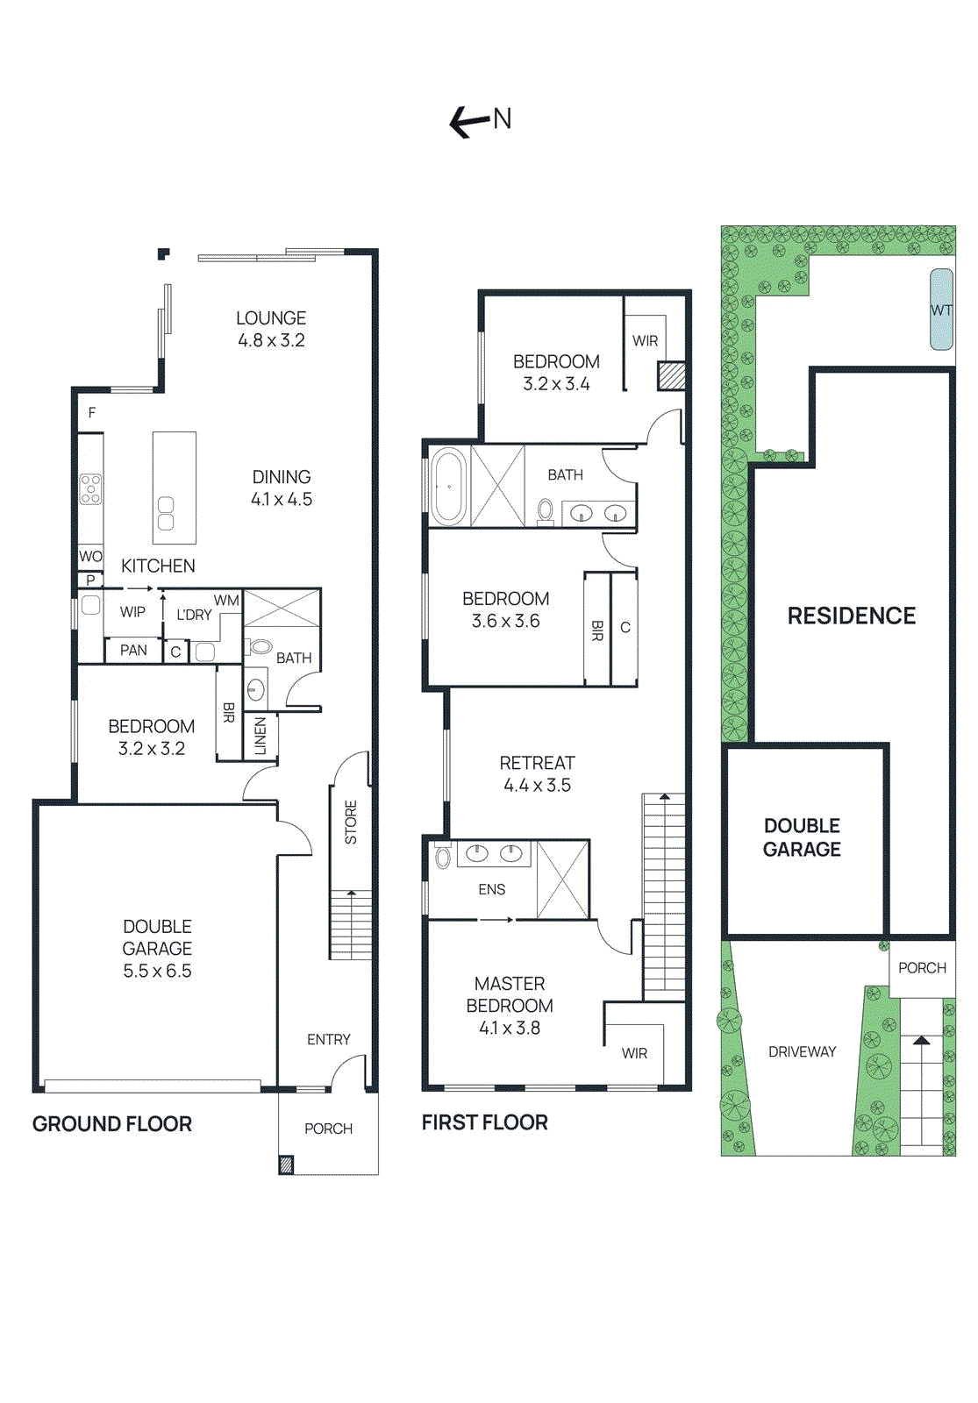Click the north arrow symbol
[x=468, y=121]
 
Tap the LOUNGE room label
[x=271, y=318]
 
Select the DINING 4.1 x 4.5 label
[x=282, y=488]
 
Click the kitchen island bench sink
[x=165, y=514]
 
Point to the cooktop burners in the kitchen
[x=90, y=488]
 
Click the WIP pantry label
[x=133, y=612]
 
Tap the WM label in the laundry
[x=226, y=601]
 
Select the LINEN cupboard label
[x=261, y=736]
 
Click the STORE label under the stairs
[x=351, y=823]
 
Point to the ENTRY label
[x=329, y=1039]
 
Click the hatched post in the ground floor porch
[x=286, y=1165]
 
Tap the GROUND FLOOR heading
[x=112, y=1124]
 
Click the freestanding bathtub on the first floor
[x=448, y=487]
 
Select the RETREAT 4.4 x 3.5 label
[x=537, y=774]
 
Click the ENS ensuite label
[x=491, y=889]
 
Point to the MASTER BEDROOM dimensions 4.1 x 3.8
[x=510, y=1029]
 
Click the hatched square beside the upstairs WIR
[x=672, y=376]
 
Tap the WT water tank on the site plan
[x=941, y=310]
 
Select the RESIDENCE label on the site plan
[x=851, y=616]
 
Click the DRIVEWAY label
[x=802, y=1051]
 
